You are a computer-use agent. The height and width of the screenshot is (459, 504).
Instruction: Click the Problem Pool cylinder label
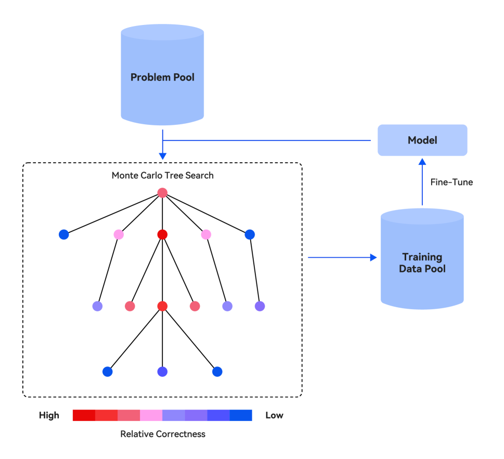pyautogui.click(x=162, y=77)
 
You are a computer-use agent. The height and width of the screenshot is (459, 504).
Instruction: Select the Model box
pyautogui.click(x=422, y=140)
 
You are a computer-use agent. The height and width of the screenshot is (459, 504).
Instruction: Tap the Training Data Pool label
pyautogui.click(x=422, y=263)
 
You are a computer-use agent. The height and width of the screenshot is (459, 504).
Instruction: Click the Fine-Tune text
pyautogui.click(x=451, y=182)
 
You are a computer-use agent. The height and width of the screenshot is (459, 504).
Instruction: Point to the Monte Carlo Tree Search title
pyautogui.click(x=162, y=175)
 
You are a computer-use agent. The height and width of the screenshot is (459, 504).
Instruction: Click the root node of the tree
pyautogui.click(x=162, y=193)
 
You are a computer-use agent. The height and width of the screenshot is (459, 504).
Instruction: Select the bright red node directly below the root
pyautogui.click(x=162, y=234)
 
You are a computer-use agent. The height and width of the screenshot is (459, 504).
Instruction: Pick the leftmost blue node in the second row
pyautogui.click(x=64, y=234)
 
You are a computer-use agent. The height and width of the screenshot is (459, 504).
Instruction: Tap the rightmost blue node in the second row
pyautogui.click(x=250, y=234)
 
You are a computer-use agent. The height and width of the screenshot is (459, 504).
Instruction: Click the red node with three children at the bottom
pyautogui.click(x=162, y=306)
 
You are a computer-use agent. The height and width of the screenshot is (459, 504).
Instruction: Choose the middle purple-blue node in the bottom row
pyautogui.click(x=162, y=372)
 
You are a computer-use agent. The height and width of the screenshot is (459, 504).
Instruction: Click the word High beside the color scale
pyautogui.click(x=49, y=415)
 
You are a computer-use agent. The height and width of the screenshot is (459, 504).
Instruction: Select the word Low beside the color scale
pyautogui.click(x=274, y=415)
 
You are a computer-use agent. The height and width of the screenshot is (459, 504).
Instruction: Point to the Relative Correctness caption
pyautogui.click(x=162, y=434)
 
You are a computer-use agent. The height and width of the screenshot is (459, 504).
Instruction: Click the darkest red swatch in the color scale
pyautogui.click(x=84, y=415)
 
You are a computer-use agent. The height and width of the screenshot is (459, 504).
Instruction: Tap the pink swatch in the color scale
pyautogui.click(x=151, y=415)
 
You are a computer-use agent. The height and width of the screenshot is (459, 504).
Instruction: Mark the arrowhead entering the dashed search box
pyautogui.click(x=162, y=155)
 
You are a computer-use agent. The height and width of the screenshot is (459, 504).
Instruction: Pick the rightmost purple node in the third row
pyautogui.click(x=260, y=306)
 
